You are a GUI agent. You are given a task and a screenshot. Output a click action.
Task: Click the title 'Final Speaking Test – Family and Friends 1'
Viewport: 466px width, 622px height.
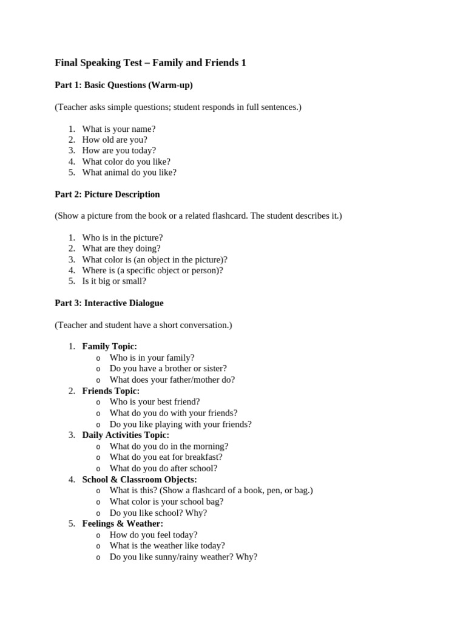pos(150,63)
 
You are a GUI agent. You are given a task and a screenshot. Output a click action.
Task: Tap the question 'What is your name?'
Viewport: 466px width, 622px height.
pos(119,129)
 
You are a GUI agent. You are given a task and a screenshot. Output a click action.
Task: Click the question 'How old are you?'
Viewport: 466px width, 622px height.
pos(115,140)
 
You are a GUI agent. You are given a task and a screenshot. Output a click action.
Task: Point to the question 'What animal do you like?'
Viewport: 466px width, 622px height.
pos(129,173)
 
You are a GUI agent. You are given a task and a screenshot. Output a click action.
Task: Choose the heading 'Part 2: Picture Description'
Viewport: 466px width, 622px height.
pos(107,194)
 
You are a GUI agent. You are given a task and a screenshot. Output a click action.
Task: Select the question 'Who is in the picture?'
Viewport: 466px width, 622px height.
pos(123,238)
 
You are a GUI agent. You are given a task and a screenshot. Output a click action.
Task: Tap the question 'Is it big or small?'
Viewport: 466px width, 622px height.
pos(114,281)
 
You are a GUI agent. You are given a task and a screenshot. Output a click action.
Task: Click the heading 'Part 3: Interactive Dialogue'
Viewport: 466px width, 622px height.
pos(109,303)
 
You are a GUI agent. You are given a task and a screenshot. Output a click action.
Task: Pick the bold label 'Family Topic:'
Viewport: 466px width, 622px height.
pos(110,346)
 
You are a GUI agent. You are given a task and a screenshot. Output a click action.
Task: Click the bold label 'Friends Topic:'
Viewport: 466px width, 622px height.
pos(111,391)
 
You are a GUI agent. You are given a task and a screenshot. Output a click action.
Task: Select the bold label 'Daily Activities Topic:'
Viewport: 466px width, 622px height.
pos(126,435)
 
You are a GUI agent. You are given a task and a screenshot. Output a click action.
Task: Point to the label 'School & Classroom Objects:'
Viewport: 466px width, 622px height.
pos(140,479)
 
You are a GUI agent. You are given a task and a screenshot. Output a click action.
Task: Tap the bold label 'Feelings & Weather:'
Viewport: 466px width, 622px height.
pos(123,524)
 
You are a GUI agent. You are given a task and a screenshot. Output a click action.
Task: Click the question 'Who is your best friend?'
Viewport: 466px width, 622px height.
pos(155,402)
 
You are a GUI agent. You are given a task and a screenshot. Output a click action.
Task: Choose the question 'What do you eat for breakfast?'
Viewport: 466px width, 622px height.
pos(166,457)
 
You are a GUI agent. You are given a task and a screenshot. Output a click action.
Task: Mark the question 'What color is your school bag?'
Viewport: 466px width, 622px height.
pos(166,501)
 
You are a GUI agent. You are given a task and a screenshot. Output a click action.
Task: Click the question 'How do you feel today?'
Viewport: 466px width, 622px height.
pos(154,535)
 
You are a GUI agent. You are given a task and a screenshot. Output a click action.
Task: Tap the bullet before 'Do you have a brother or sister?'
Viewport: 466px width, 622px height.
pos(98,369)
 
